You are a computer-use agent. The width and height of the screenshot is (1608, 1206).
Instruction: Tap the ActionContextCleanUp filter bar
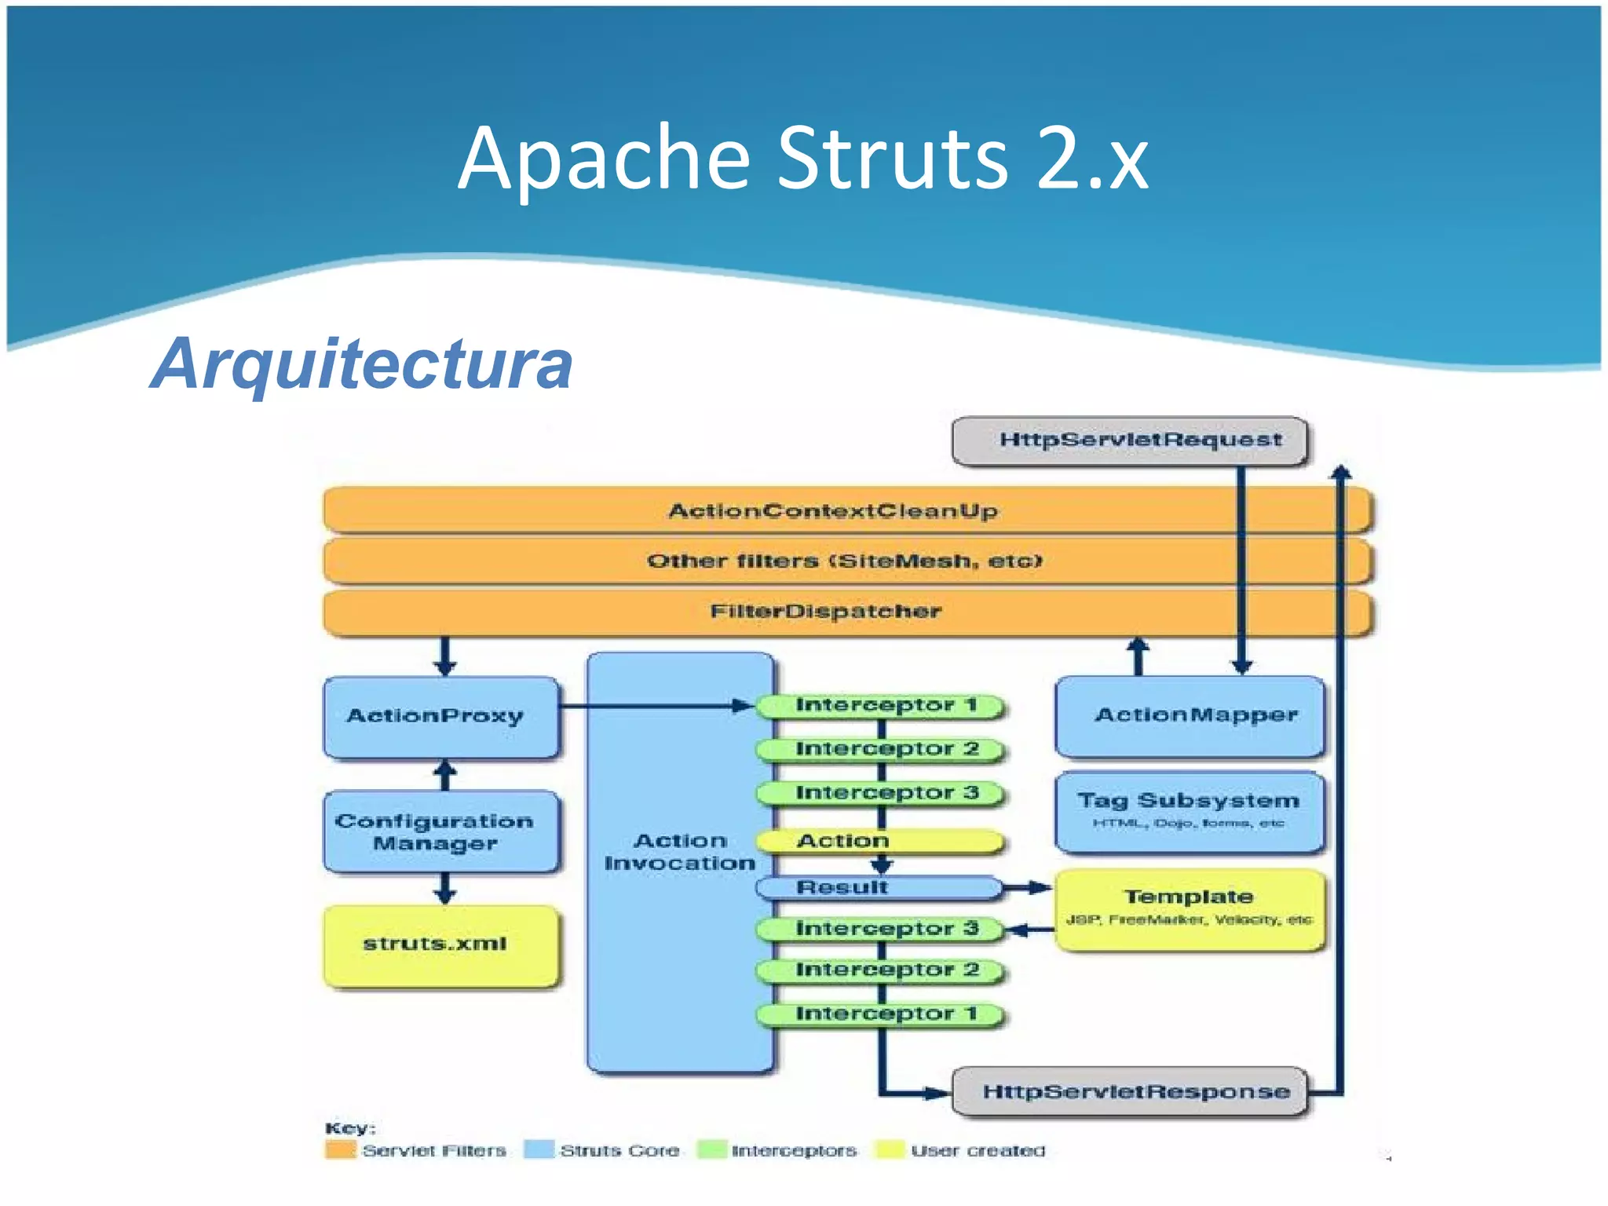point(832,511)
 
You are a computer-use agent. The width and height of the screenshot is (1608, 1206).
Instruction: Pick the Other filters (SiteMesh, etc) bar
point(844,561)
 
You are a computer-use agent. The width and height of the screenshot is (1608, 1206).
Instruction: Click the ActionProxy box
point(440,716)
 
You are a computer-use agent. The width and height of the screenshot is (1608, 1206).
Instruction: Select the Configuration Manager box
point(440,831)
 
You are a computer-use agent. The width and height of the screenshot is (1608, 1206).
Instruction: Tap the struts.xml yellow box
point(440,945)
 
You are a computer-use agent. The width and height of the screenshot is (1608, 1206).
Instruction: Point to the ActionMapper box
point(1189,716)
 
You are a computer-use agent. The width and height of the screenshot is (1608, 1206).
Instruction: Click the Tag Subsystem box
point(1189,811)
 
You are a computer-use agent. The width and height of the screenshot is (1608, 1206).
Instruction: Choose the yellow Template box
point(1189,908)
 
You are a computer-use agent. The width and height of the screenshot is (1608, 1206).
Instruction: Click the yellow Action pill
point(879,842)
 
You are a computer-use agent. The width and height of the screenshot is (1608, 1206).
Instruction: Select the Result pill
point(879,888)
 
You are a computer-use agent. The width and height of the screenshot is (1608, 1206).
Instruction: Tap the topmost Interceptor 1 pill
point(879,706)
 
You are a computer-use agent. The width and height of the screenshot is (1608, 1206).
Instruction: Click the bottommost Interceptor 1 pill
point(879,1014)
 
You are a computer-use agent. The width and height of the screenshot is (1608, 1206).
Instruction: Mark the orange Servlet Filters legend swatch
point(340,1150)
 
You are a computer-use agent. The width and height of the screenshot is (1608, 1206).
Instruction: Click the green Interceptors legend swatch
point(712,1150)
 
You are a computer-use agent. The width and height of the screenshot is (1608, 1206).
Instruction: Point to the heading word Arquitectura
point(362,364)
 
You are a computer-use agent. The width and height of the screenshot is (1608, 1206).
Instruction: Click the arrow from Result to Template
point(1029,888)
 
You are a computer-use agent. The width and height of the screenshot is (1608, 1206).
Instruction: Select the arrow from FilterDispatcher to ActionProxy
point(445,656)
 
